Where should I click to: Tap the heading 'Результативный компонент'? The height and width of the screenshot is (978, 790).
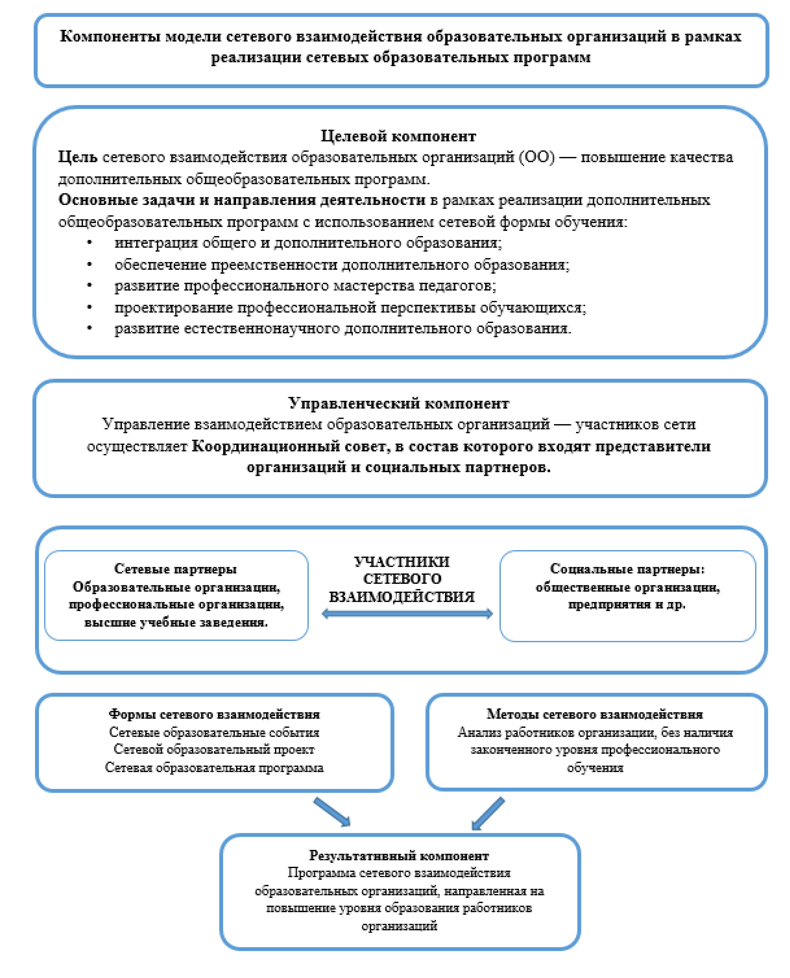(399, 856)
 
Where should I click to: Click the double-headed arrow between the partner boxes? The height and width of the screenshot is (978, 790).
(407, 614)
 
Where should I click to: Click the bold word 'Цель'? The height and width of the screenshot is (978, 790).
(77, 157)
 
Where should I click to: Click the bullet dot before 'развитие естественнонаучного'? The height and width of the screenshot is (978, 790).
(90, 328)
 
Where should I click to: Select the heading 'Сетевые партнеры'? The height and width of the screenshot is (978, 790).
(176, 569)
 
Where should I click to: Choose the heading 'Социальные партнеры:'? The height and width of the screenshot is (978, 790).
(627, 569)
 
